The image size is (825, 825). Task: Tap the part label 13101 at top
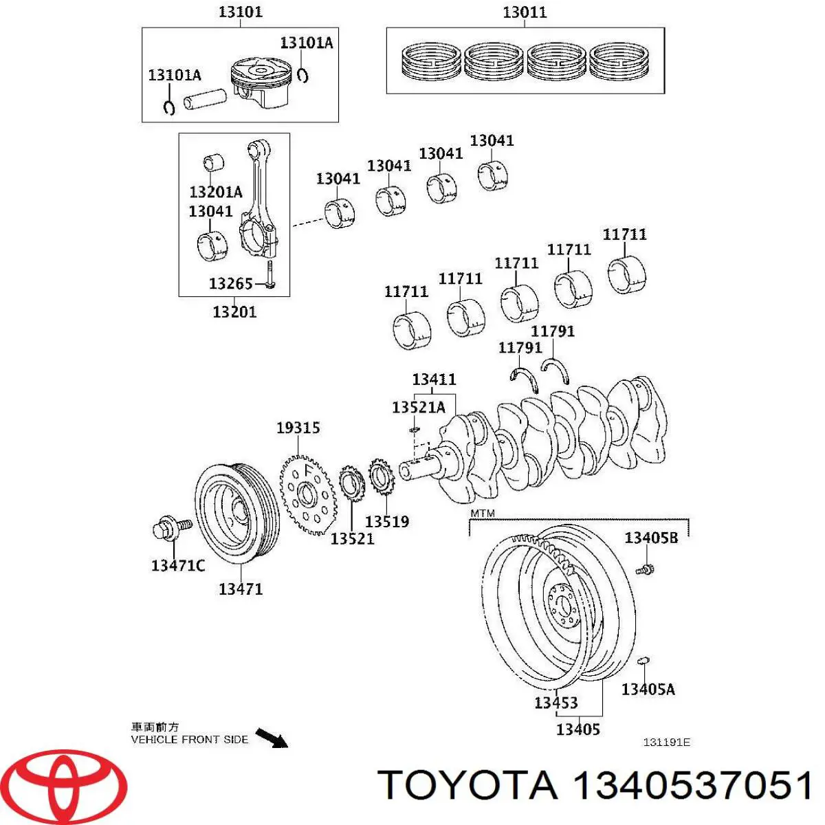tap(240, 12)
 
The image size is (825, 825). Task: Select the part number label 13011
tap(525, 12)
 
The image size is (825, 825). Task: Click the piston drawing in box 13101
tap(261, 82)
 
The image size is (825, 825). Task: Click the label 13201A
tap(216, 191)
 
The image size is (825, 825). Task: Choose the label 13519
tap(386, 522)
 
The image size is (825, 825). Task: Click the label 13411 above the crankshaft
tap(434, 379)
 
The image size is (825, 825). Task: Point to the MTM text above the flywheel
tap(482, 514)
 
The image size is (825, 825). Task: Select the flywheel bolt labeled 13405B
tap(646, 569)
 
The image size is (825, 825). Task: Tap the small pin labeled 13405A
tap(643, 661)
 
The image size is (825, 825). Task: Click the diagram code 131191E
tap(666, 742)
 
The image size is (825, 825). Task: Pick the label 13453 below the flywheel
tap(555, 703)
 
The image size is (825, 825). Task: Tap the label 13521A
tap(418, 407)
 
